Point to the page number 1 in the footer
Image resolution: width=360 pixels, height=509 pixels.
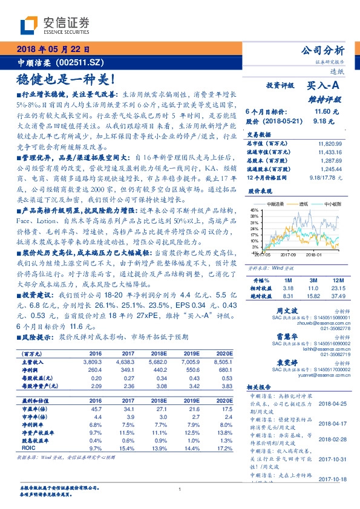[180, 490]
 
